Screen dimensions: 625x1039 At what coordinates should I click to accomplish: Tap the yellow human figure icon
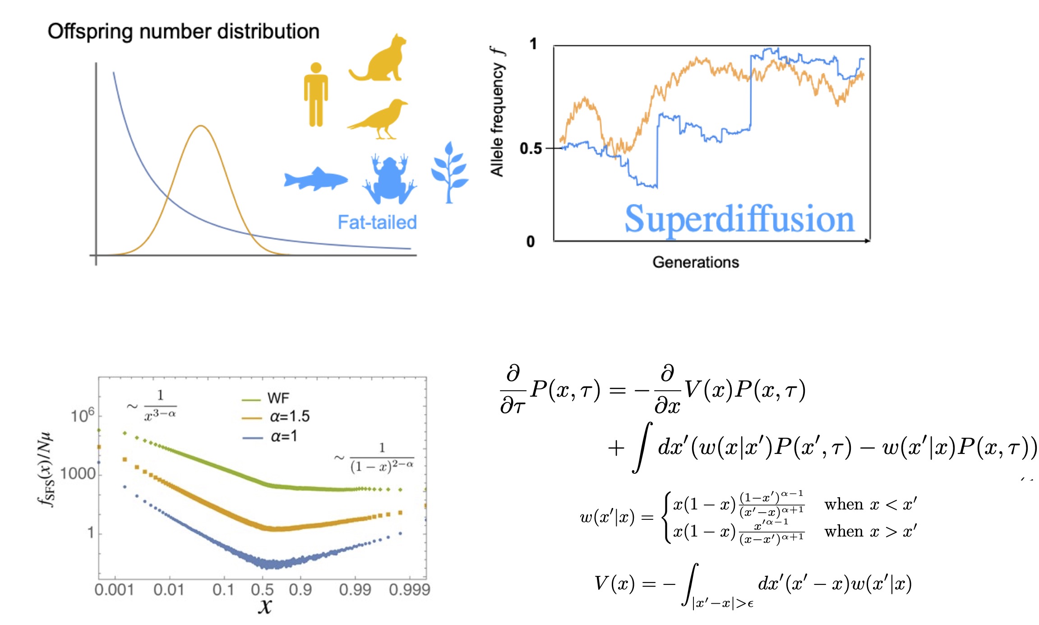tap(316, 95)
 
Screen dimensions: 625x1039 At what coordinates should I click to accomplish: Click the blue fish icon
tap(315, 179)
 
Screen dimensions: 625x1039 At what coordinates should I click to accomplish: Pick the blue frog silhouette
tap(389, 180)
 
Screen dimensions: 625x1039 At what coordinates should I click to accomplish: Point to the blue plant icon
tap(449, 173)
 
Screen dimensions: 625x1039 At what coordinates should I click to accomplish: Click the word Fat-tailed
tap(377, 222)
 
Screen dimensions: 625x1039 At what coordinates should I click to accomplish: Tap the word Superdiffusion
tap(739, 219)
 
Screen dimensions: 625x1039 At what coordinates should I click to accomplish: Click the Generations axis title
tap(695, 262)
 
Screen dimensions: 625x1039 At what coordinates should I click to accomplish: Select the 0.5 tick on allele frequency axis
tap(531, 148)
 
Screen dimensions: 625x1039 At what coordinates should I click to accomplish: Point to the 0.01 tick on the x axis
tap(169, 589)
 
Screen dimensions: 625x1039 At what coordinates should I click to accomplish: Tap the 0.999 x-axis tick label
tap(410, 589)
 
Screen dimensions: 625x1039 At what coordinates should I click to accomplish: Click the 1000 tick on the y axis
tap(78, 474)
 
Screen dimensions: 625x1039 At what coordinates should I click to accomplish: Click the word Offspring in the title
tap(90, 32)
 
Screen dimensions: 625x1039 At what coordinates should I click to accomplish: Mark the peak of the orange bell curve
tap(201, 126)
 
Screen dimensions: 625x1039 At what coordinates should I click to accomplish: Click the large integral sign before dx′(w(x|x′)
tap(642, 448)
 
